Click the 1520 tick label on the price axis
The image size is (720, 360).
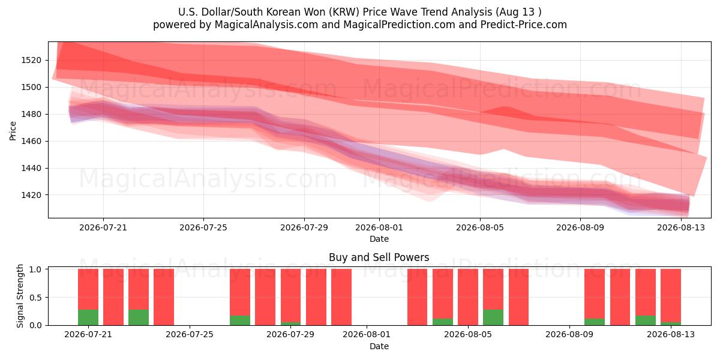[x=31, y=60]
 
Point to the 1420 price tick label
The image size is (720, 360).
[x=31, y=195]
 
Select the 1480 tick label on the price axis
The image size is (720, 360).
[x=31, y=114]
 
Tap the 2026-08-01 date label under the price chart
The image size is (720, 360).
[x=379, y=227]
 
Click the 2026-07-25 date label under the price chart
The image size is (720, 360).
[x=203, y=227]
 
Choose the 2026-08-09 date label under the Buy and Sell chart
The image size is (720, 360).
[x=569, y=334]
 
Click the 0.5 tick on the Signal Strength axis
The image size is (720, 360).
[x=35, y=298]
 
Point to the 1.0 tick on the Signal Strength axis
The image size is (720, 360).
[x=35, y=269]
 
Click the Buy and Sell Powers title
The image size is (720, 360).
[x=379, y=257]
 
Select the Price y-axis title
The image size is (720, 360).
[x=13, y=131]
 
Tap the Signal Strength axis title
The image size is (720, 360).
[x=20, y=296]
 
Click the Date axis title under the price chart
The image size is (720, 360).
[x=379, y=239]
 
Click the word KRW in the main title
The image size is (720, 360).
[x=344, y=12]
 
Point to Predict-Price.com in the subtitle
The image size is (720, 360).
[x=524, y=25]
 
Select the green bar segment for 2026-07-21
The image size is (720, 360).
[x=88, y=317]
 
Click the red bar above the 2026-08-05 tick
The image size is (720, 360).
[x=467, y=297]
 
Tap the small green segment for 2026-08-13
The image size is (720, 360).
[x=671, y=323]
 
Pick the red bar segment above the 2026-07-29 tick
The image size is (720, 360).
[x=290, y=295]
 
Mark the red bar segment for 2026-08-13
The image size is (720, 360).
[x=671, y=295]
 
